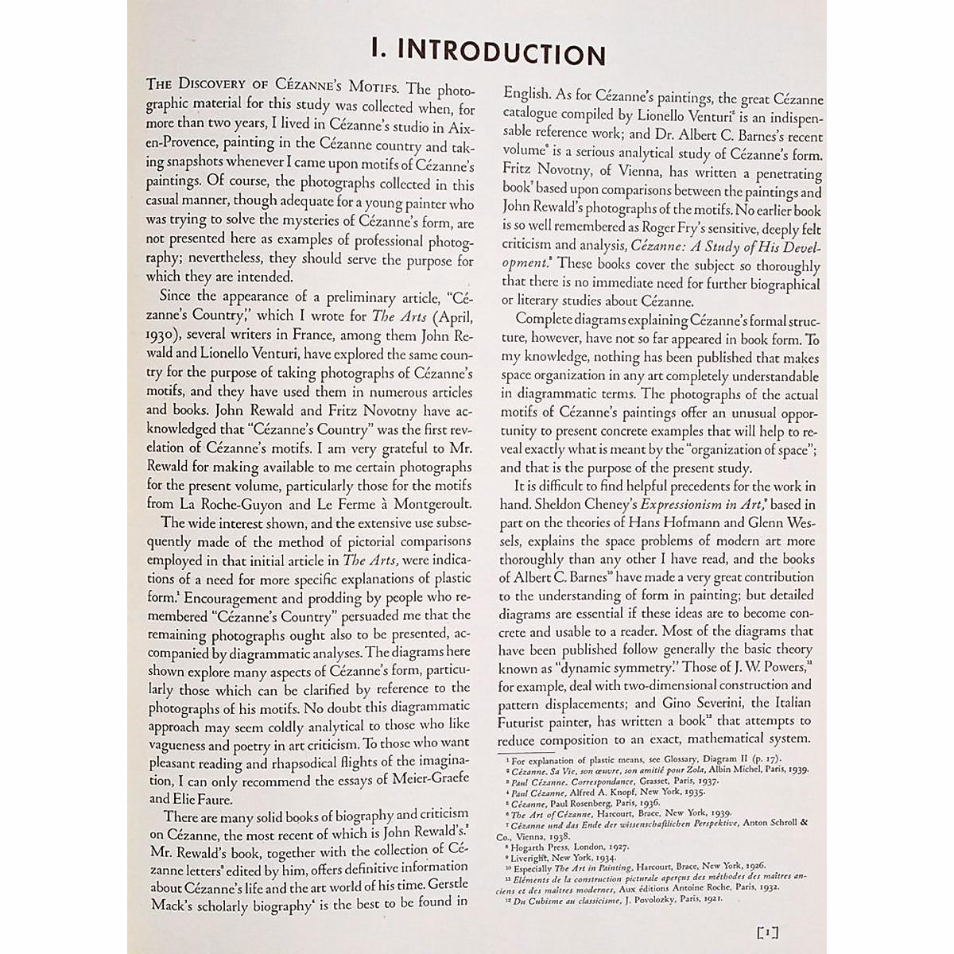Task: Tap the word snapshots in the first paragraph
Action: tap(203, 166)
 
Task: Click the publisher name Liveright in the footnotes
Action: tap(536, 859)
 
